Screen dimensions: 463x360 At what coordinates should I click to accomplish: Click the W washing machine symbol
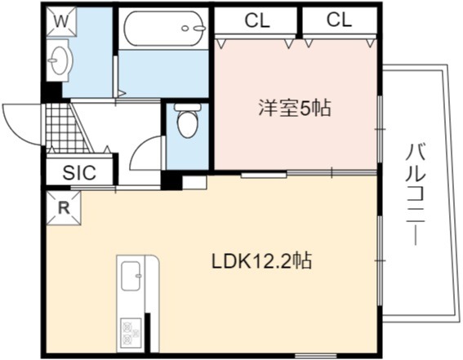(x=61, y=21)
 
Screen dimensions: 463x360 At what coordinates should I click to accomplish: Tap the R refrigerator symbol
(x=64, y=208)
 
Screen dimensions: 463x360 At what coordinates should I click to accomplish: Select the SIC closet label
(x=79, y=172)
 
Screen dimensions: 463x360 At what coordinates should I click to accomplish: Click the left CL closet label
(x=257, y=20)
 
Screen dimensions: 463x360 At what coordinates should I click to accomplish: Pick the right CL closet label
(x=339, y=20)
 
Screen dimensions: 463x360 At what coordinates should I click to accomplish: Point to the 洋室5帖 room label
(x=295, y=109)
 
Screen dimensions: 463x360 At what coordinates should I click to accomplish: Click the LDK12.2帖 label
(x=261, y=260)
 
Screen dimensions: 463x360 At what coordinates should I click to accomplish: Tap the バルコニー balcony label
(x=416, y=195)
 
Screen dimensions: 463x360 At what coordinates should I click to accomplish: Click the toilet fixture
(x=188, y=120)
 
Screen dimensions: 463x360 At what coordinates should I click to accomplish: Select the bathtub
(x=164, y=29)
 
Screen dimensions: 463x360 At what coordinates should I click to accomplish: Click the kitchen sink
(x=131, y=276)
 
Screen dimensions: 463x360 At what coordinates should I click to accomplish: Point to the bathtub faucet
(x=199, y=29)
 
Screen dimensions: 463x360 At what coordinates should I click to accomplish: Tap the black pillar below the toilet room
(x=171, y=180)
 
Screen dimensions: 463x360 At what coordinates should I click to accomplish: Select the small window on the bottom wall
(x=316, y=355)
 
